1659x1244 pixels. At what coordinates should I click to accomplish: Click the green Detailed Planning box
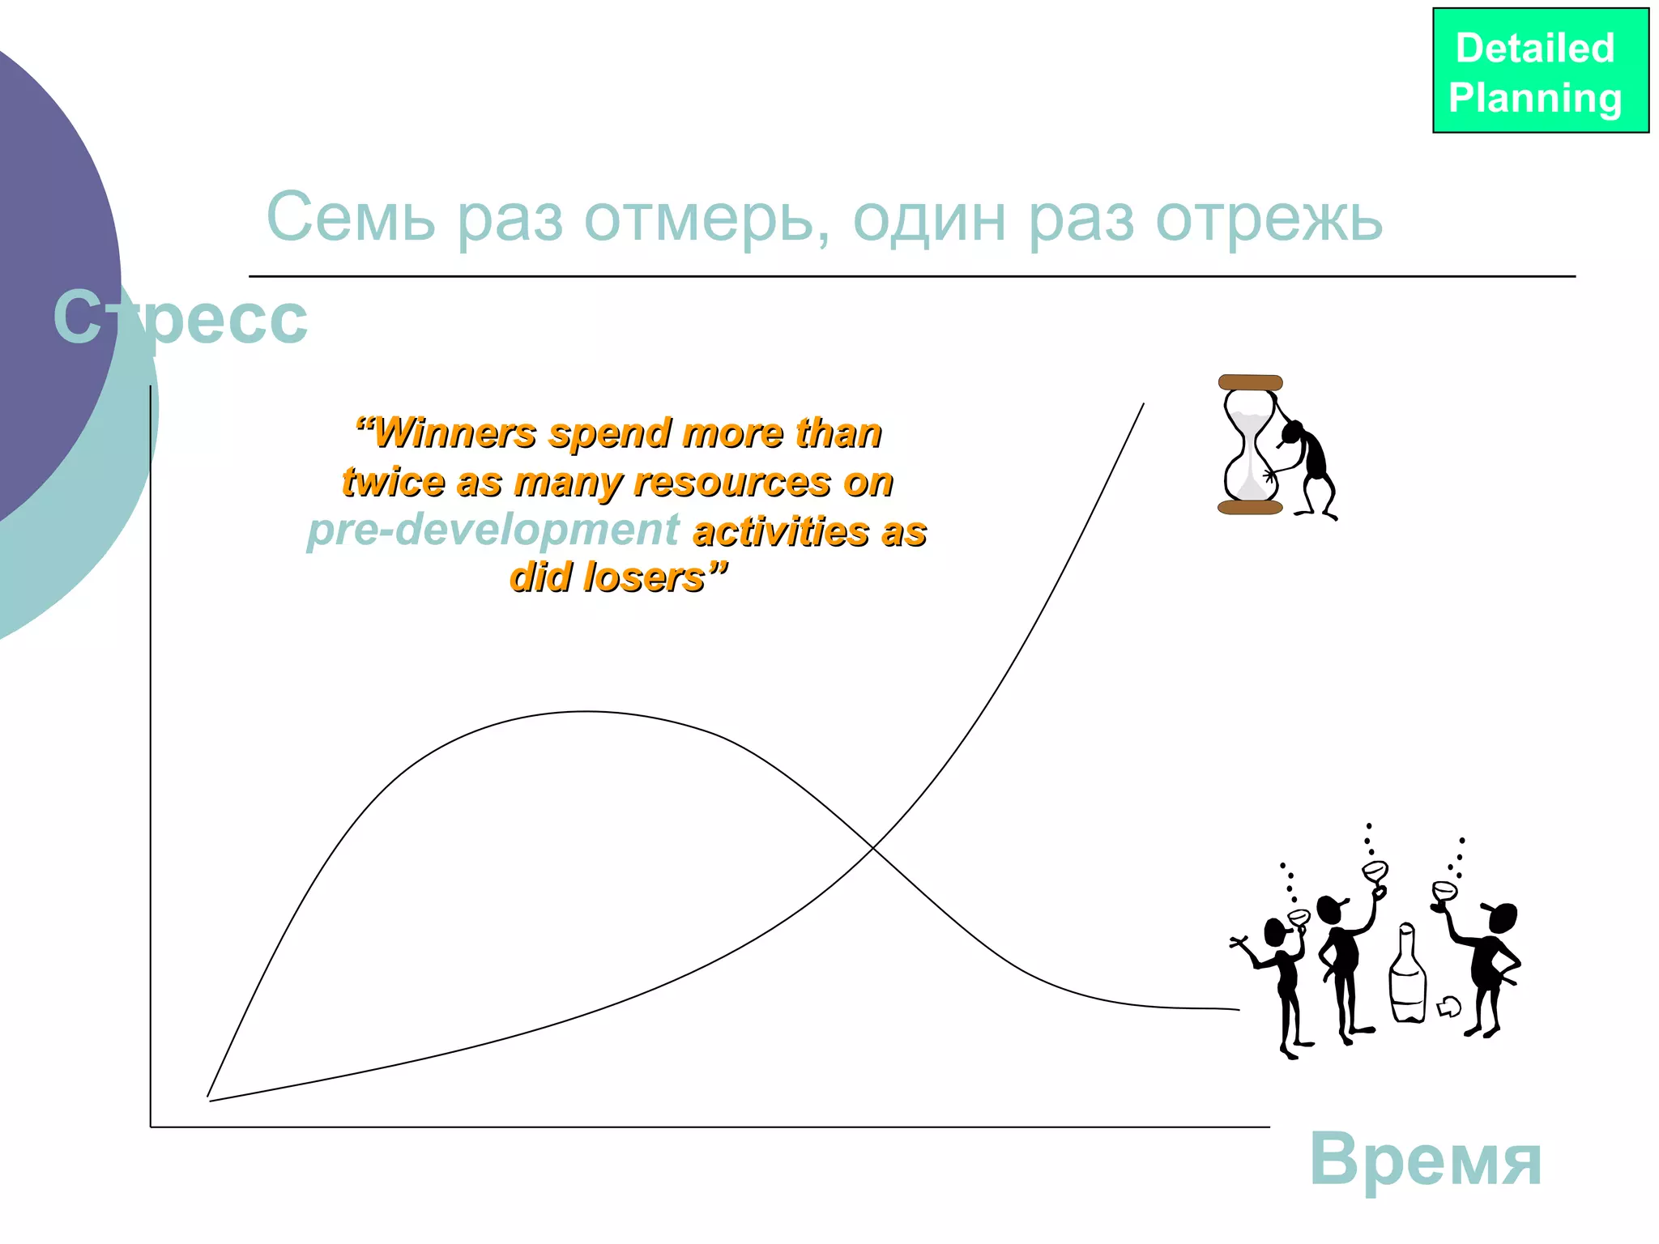coord(1540,70)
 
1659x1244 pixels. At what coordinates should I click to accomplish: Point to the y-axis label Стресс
coord(180,317)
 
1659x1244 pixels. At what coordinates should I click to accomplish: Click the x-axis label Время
coord(1425,1161)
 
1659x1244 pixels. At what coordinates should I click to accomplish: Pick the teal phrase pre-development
coord(493,530)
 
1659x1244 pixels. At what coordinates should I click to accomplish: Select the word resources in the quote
coord(732,483)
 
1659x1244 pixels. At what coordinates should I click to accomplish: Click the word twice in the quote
coord(393,483)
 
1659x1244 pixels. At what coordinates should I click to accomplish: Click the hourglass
coord(1250,445)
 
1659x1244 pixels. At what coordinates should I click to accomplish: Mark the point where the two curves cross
coord(872,847)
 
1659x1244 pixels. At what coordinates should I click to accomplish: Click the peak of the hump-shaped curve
coord(586,712)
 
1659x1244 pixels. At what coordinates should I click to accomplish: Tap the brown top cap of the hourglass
coord(1250,382)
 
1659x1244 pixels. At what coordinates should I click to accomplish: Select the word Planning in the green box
coord(1535,98)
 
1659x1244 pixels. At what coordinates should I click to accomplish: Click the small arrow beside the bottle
coord(1448,1007)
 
